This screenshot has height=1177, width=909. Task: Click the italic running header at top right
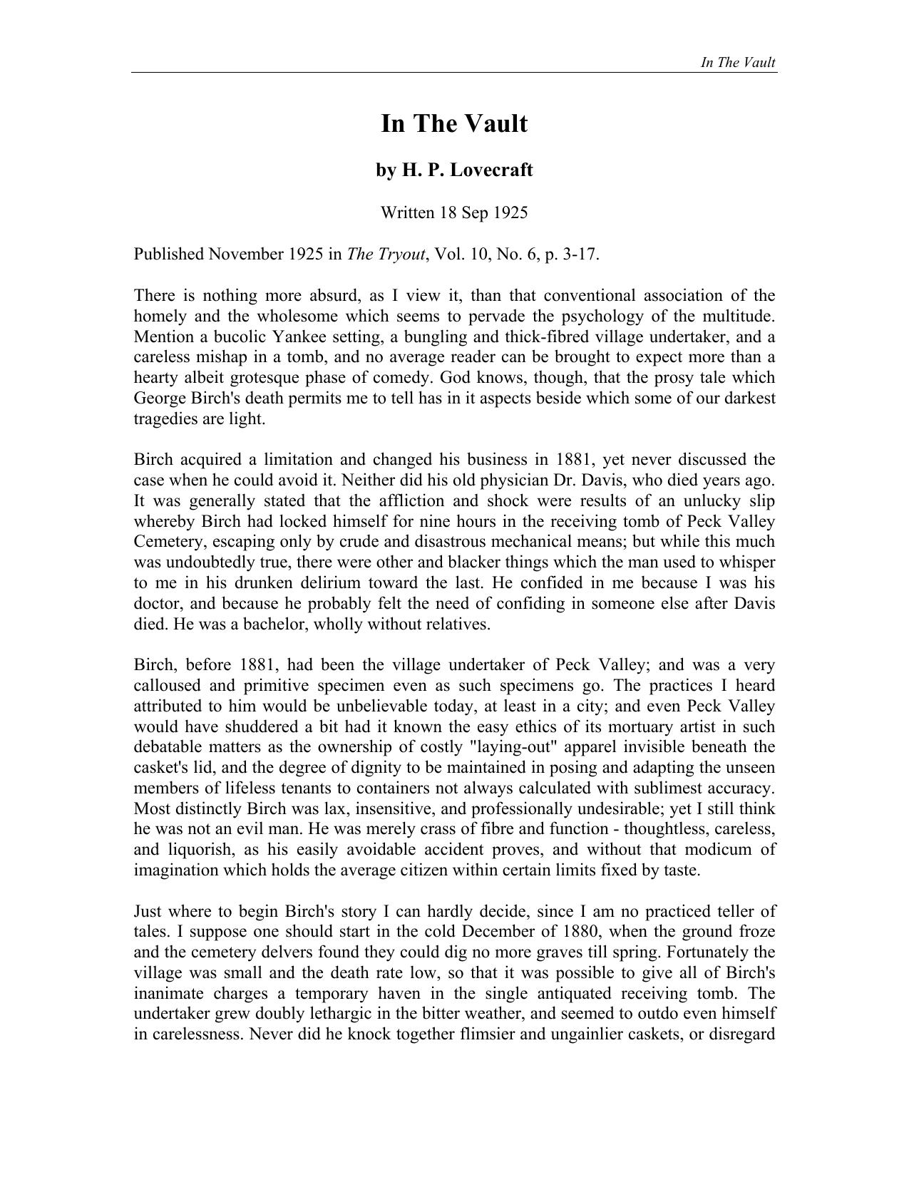738,62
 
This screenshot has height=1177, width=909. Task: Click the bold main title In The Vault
454,124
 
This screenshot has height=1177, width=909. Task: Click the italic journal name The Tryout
386,255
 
